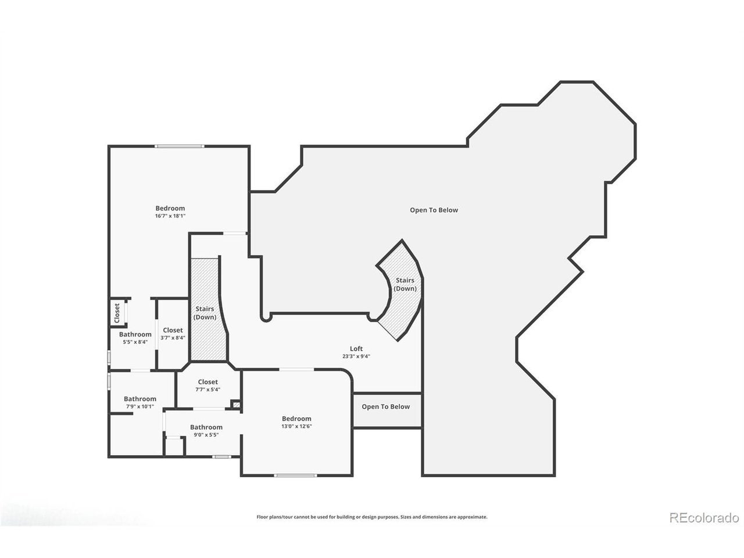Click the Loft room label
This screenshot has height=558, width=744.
356,348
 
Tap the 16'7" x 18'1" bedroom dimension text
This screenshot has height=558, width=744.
170,216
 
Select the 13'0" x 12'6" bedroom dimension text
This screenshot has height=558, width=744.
296,426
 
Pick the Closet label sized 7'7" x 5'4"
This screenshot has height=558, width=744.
208,382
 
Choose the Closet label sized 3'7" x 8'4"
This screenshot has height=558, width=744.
173,330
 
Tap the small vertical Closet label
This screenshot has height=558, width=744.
117,313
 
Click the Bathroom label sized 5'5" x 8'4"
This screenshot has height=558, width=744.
135,334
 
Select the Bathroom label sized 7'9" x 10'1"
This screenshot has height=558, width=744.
139,399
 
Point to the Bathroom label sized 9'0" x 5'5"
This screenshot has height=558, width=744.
206,427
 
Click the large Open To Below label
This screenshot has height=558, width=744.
434,210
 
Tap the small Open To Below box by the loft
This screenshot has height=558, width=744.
387,410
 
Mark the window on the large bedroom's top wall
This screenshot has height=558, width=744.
180,146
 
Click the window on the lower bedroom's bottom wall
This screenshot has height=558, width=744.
296,475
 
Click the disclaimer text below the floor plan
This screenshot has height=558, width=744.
372,517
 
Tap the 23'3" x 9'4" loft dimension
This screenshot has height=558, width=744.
356,356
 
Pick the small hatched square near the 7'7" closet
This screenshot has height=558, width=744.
236,405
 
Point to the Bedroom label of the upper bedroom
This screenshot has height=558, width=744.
170,208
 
